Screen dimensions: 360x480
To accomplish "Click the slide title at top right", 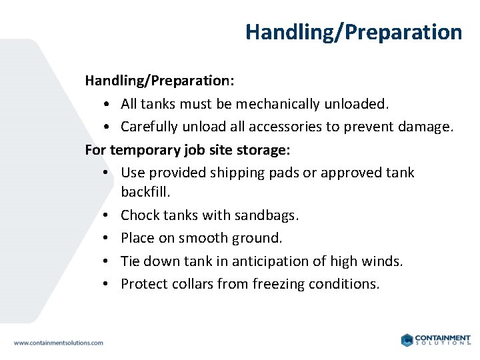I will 353,32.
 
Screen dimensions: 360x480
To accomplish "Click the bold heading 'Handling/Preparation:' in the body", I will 159,81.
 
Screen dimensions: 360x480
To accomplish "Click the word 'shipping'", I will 237,173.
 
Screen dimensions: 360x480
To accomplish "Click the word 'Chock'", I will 139,215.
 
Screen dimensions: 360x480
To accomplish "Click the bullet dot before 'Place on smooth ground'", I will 107,238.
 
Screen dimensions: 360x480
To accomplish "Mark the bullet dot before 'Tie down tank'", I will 107,261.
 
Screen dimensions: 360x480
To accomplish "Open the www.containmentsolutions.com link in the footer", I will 59,343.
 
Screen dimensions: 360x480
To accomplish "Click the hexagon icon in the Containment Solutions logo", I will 407,340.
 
